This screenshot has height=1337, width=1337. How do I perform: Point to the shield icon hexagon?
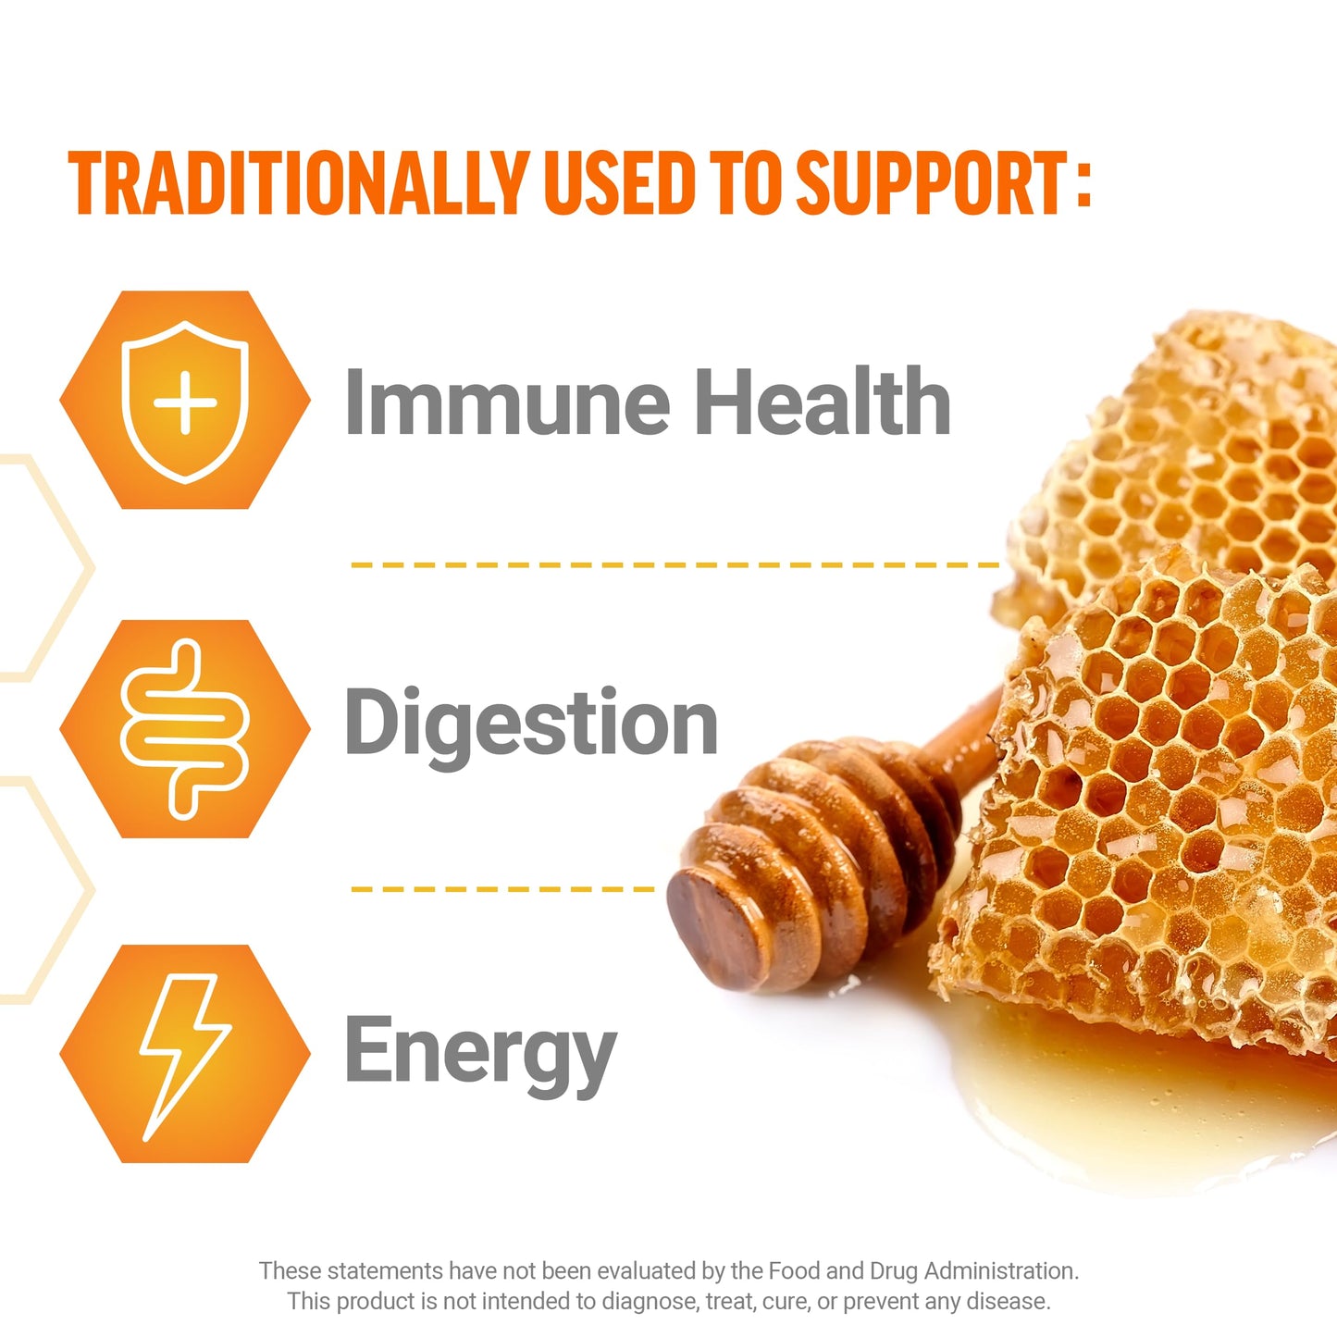[x=185, y=400]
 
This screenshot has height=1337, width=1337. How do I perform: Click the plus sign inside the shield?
[x=185, y=402]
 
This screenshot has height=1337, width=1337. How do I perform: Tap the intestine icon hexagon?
[x=185, y=729]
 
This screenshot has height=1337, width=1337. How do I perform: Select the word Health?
[x=823, y=402]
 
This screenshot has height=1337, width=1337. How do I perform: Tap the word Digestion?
[x=531, y=724]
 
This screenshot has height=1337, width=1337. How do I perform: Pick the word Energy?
[x=480, y=1051]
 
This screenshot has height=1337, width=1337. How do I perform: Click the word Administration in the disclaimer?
[x=1001, y=1270]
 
